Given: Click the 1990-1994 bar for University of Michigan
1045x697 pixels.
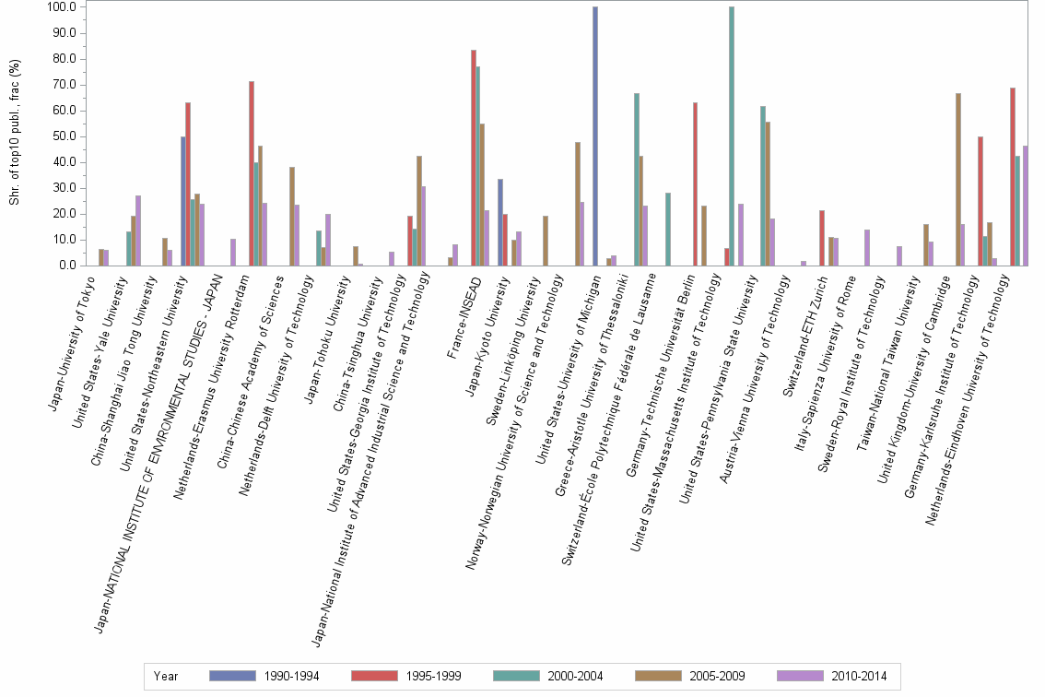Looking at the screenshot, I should (595, 136).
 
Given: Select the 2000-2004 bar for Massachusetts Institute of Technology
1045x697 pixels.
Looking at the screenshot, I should (732, 136).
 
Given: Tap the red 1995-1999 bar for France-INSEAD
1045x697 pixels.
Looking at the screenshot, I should (474, 158).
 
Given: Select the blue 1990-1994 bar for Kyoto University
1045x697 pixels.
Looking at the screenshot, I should (500, 222).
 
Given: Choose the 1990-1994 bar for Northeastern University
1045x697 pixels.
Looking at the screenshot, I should (183, 201).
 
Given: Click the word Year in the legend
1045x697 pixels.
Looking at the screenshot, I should (167, 677).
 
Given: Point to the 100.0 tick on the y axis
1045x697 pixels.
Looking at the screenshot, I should (61, 7).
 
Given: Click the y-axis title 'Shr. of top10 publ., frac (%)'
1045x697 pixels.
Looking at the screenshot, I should (16, 136).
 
